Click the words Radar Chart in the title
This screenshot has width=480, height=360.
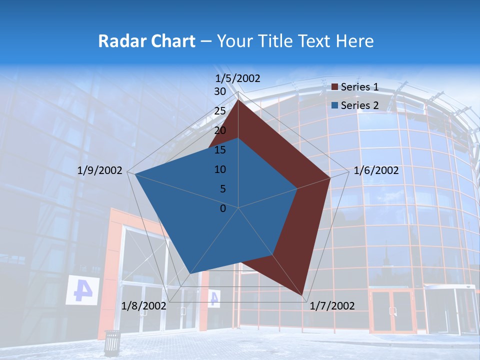146,41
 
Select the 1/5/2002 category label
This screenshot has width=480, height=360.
238,78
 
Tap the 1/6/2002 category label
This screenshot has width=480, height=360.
376,170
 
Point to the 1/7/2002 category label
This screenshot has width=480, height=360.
332,306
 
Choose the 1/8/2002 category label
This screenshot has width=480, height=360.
144,305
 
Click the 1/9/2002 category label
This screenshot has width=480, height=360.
100,170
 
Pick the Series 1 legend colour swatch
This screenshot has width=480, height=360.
335,87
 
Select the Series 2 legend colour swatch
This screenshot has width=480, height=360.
335,105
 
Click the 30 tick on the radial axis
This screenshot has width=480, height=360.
219,91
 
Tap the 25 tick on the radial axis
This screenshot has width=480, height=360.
219,111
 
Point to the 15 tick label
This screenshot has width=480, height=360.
219,150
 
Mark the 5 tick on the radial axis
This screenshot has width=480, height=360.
222,189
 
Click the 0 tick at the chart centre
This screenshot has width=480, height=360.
223,208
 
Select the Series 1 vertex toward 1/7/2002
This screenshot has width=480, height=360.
302,294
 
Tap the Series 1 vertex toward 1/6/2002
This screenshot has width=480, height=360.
330,177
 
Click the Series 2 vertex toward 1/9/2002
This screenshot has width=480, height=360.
135,174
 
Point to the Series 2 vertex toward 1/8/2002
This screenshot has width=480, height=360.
189,274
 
